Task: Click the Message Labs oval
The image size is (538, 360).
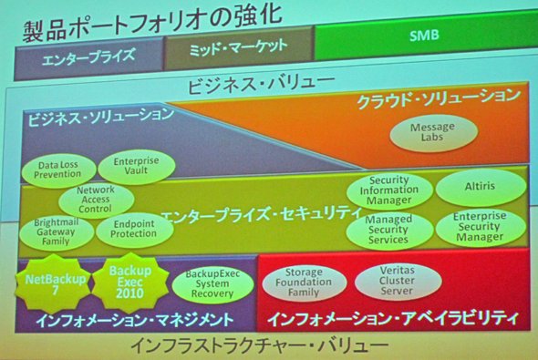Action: pos(433,133)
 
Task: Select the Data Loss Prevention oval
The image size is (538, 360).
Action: pos(58,170)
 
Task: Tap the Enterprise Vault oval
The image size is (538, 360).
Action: pos(137,166)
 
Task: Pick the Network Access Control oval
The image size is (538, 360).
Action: pos(96,200)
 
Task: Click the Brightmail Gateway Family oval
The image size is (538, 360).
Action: pos(57,232)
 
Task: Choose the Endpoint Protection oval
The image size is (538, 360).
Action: pos(134,230)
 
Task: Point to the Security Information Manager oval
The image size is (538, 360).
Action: pos(389,190)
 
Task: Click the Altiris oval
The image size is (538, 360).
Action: pos(481,187)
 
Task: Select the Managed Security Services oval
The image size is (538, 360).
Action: pos(389,230)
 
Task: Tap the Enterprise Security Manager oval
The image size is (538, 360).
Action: pos(481,227)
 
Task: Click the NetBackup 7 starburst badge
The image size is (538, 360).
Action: pos(54,283)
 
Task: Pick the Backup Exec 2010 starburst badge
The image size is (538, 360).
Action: pos(130,283)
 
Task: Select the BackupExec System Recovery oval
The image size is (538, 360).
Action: pos(212,284)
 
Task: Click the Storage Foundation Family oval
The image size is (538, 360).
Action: pos(305,283)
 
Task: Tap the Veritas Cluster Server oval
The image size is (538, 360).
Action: pos(398,281)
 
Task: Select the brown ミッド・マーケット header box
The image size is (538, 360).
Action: pos(239,48)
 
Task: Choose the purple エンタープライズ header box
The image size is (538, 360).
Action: pos(88,59)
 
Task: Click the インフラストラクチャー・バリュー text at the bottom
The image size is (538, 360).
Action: pos(260,346)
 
